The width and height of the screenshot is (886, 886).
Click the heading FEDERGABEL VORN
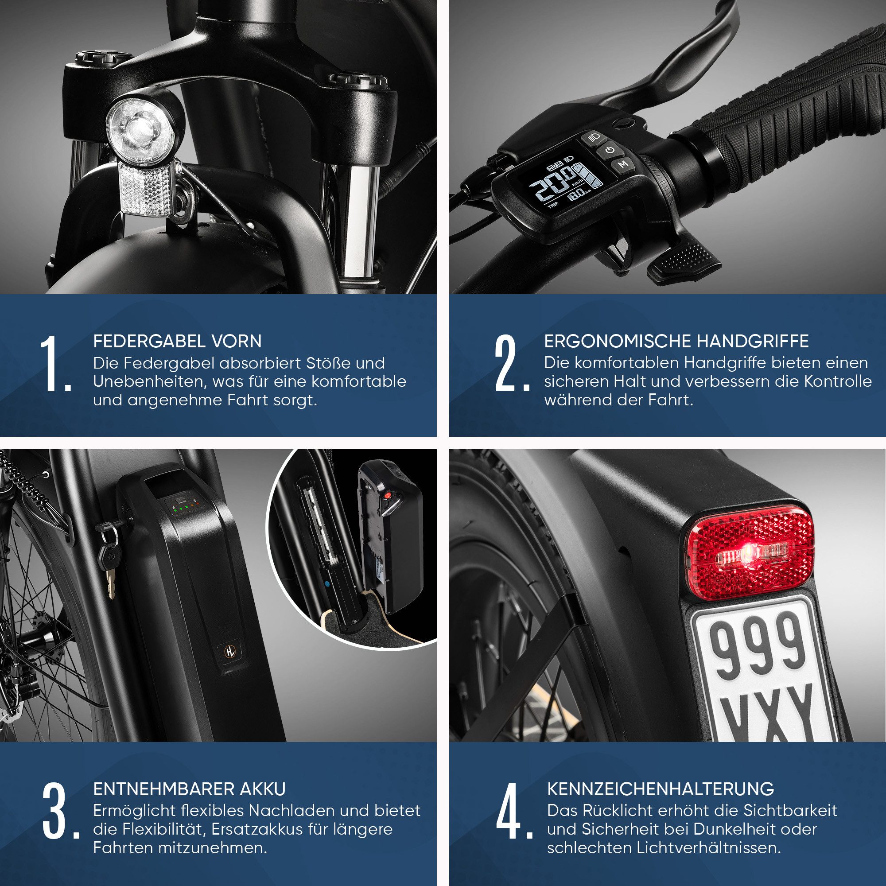coord(178,341)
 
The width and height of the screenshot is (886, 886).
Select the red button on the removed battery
coord(388,496)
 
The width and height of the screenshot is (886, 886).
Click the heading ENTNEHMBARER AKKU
coord(190,789)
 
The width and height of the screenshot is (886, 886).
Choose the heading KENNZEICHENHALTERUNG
coord(661,789)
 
